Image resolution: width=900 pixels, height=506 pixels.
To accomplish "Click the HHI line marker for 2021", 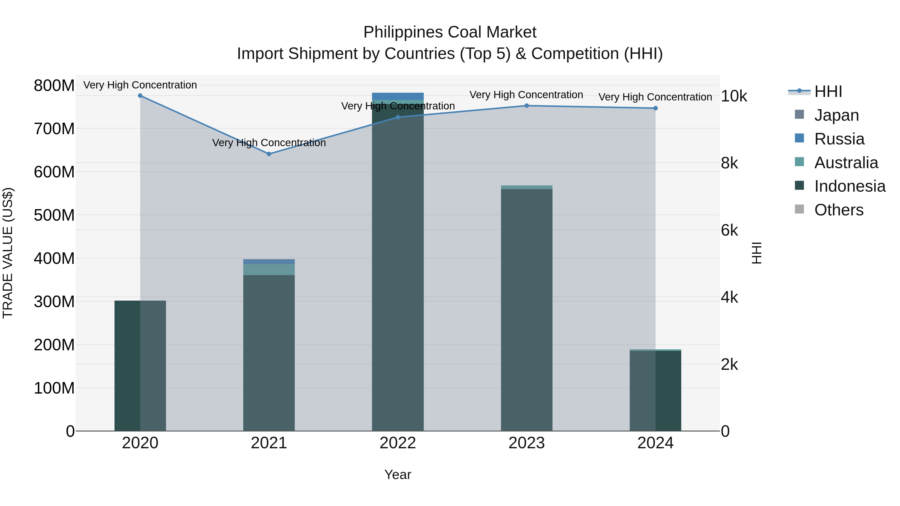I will [x=269, y=154].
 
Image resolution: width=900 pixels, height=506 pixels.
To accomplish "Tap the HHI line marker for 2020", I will [x=140, y=96].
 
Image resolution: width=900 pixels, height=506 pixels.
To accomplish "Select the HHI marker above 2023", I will [x=526, y=106].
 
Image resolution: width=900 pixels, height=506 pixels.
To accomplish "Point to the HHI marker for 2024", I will [x=655, y=108].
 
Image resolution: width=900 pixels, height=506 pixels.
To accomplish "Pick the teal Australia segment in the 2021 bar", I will [x=269, y=270].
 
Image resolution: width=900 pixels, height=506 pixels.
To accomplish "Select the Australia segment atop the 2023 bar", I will [x=526, y=187].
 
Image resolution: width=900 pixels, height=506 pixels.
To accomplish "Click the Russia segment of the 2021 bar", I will [x=269, y=262].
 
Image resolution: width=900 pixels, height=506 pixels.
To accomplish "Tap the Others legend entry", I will [x=838, y=210].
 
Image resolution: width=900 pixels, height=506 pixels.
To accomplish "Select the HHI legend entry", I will [x=828, y=91].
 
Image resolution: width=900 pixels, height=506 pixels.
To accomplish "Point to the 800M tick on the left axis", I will [x=54, y=85].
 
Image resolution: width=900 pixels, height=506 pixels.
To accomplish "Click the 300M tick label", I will [x=54, y=302].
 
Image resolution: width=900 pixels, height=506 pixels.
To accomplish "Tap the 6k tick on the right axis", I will [x=729, y=230].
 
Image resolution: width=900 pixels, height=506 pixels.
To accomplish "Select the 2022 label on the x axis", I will [x=397, y=443].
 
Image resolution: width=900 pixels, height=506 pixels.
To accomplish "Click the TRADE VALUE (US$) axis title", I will [x=8, y=253].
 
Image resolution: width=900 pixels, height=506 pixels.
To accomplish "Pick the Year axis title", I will [x=397, y=475].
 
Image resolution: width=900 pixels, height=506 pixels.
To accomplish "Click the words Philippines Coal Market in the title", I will [x=450, y=32].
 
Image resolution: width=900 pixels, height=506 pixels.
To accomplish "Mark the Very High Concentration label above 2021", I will [x=269, y=143].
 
